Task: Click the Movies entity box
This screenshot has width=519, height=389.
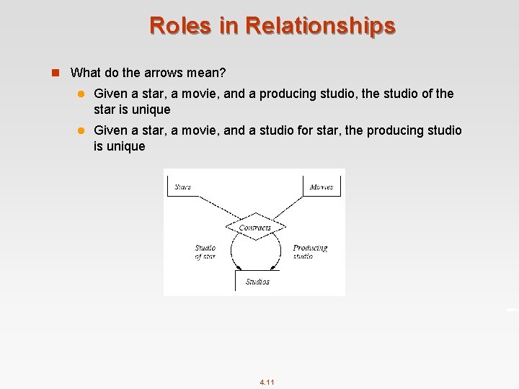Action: pyautogui.click(x=321, y=187)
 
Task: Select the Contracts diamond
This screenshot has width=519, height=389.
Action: pyautogui.click(x=254, y=228)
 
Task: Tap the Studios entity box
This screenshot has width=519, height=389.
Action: pyautogui.click(x=257, y=281)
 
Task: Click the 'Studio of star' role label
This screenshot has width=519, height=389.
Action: pyautogui.click(x=205, y=252)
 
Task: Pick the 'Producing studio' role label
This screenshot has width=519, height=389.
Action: pyautogui.click(x=310, y=252)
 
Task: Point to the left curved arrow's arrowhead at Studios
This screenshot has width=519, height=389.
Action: pyautogui.click(x=239, y=268)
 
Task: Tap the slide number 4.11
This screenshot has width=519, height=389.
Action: pyautogui.click(x=267, y=382)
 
